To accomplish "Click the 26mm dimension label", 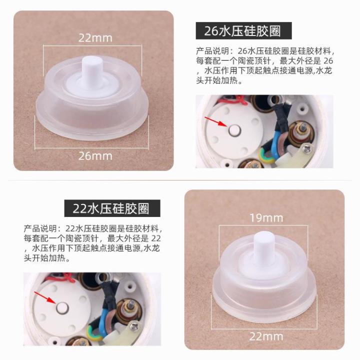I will click(95, 155).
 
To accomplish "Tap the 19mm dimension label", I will click(266, 217).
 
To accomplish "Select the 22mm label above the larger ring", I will click(95, 37).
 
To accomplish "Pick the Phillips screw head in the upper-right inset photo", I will click(307, 148).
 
